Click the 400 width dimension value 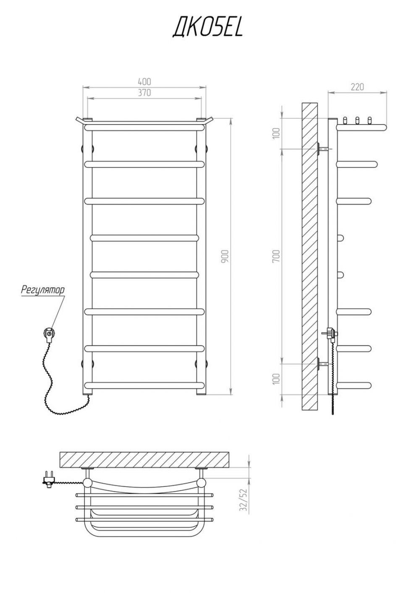pyautogui.click(x=144, y=81)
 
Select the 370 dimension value pyautogui.click(x=144, y=92)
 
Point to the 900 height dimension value pyautogui.click(x=225, y=256)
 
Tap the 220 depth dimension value pyautogui.click(x=357, y=86)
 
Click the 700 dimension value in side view pyautogui.click(x=276, y=256)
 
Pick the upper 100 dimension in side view pyautogui.click(x=276, y=133)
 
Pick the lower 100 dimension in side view pyautogui.click(x=276, y=379)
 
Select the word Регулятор pyautogui.click(x=43, y=290)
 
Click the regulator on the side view pyautogui.click(x=330, y=333)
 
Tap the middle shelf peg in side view pyautogui.click(x=357, y=120)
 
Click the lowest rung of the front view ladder pyautogui.click(x=144, y=385)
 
